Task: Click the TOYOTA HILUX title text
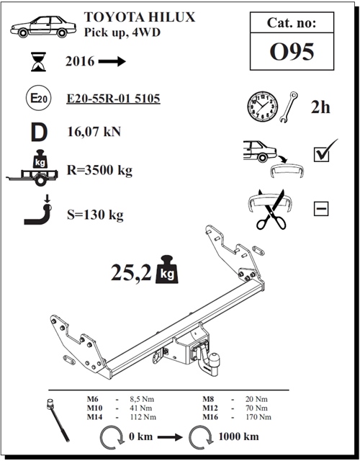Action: click(x=139, y=17)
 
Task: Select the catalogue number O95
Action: click(x=292, y=53)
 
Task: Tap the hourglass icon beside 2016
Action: click(x=35, y=62)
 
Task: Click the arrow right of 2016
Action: click(x=112, y=62)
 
